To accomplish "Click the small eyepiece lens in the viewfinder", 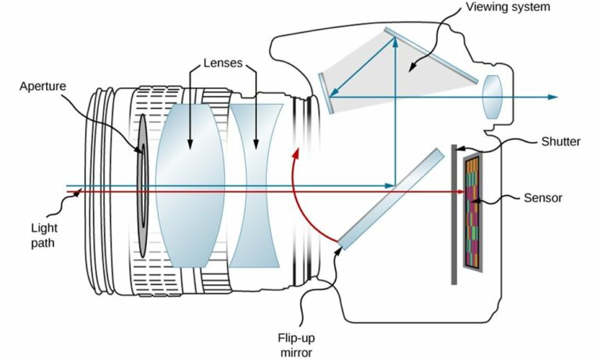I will (491, 97).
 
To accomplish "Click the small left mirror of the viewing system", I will (327, 92).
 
